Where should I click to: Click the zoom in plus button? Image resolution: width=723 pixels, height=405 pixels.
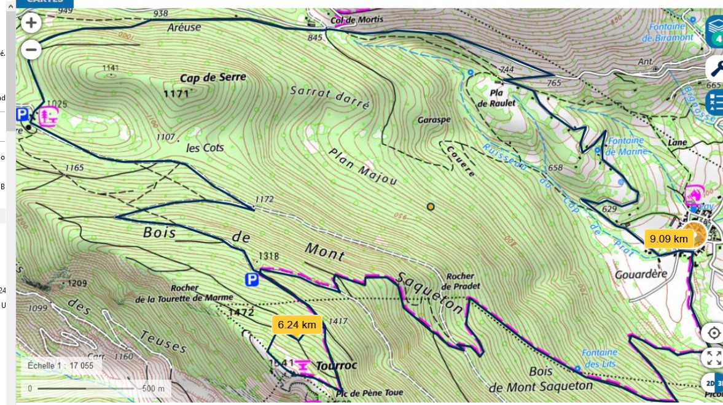tap(31, 24)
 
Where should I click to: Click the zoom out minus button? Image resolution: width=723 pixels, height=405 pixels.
tap(31, 49)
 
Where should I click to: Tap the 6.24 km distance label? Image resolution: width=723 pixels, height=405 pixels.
tap(297, 325)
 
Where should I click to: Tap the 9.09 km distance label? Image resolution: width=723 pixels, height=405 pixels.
tap(668, 239)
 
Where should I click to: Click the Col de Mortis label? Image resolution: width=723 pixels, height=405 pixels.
tap(357, 20)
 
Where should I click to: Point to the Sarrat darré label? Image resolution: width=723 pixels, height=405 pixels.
tap(330, 98)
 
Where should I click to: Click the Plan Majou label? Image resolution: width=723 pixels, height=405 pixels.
tap(362, 166)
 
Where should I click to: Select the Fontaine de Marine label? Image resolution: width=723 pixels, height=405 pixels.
tap(627, 147)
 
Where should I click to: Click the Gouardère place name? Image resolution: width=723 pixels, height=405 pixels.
tap(641, 274)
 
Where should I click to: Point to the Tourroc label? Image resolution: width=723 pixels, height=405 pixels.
tap(336, 365)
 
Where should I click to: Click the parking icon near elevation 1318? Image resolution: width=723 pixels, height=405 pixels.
tap(252, 280)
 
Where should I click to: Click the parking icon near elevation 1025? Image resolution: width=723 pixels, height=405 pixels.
tap(22, 115)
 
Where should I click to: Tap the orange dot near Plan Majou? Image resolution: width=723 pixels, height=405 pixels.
tap(431, 207)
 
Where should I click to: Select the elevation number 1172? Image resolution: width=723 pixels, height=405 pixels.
tap(264, 199)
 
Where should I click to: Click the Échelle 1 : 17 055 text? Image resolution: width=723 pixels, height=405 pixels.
tap(61, 365)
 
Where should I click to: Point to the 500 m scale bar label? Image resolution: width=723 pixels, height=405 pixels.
tap(154, 388)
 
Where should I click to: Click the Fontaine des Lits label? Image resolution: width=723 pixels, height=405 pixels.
tap(600, 357)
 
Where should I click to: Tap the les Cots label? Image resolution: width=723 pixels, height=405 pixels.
tap(205, 148)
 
